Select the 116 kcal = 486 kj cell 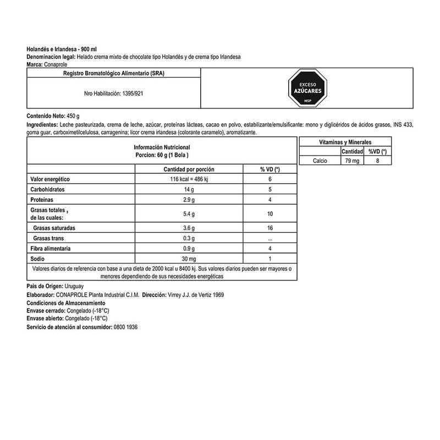pyautogui.click(x=189, y=180)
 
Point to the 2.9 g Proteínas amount pyautogui.click(x=189, y=199)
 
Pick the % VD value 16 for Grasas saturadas pyautogui.click(x=270, y=228)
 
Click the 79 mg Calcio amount pyautogui.click(x=351, y=161)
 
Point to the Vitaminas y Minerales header pyautogui.click(x=345, y=142)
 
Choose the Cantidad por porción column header pyautogui.click(x=189, y=169)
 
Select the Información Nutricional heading pyautogui.click(x=162, y=148)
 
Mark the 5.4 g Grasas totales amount pyautogui.click(x=189, y=213)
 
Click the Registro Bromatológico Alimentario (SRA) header pyautogui.click(x=113, y=73)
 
